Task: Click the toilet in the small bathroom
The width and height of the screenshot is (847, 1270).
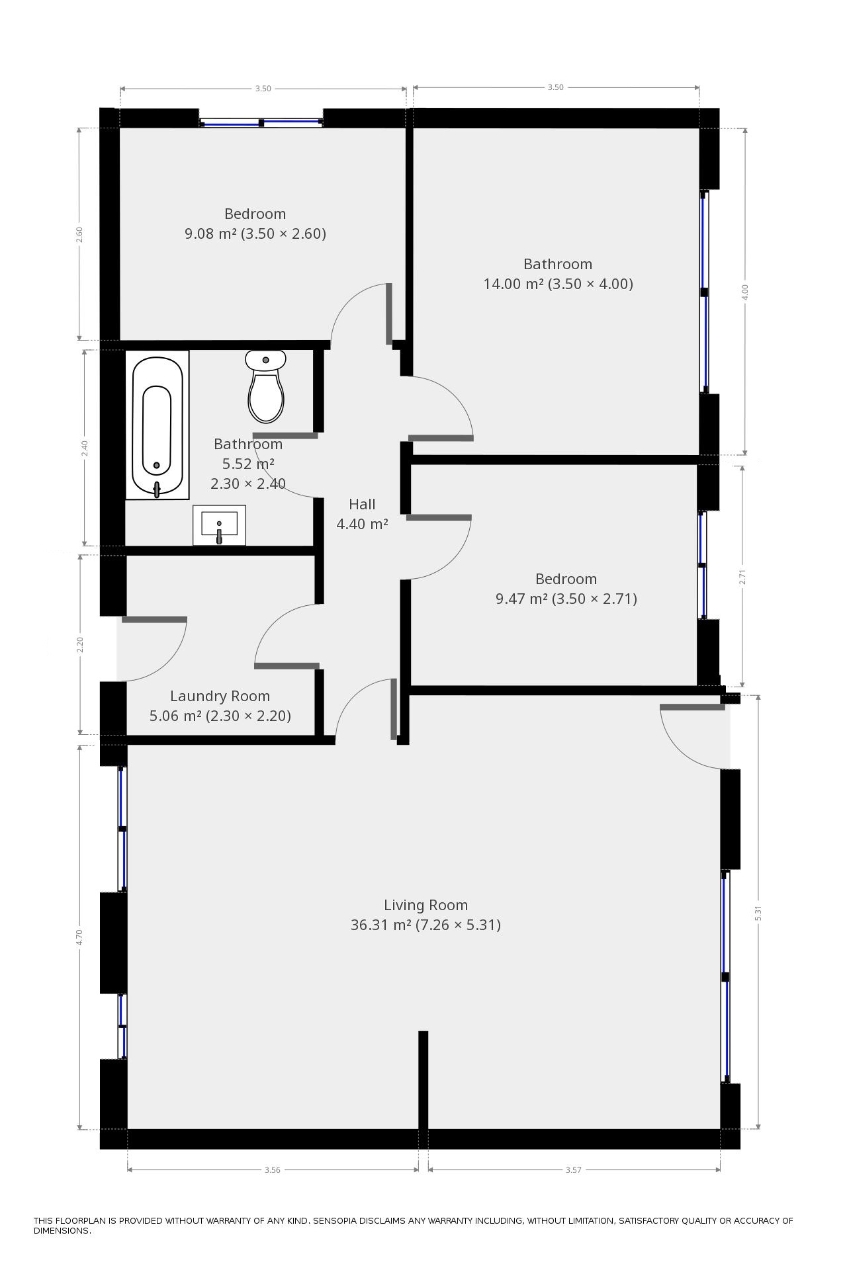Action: pos(266,386)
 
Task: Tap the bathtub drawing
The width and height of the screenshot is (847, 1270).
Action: pos(157,425)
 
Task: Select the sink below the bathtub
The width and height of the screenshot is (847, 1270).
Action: pos(219,525)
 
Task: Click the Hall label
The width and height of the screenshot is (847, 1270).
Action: pos(362,504)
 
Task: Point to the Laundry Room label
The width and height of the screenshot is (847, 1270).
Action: pos(220,696)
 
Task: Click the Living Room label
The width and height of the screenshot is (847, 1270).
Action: pos(425,905)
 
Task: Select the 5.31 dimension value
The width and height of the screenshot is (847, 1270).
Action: pos(758,912)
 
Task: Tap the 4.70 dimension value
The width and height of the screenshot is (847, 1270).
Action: pos(79,937)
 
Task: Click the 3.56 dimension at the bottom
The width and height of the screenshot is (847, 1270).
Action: pos(272,1169)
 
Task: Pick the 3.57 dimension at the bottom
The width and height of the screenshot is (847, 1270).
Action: pos(573,1169)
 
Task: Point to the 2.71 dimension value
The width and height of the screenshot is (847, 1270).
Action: pos(742,577)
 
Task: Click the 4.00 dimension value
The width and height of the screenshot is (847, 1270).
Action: pos(745,292)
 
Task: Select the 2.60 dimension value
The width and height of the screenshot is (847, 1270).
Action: pos(79,235)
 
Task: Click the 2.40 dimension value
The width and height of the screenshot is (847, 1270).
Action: pos(85,448)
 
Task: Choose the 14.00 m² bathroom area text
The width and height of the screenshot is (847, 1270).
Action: pos(513,284)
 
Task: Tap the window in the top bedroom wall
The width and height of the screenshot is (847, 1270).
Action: pos(261,122)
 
